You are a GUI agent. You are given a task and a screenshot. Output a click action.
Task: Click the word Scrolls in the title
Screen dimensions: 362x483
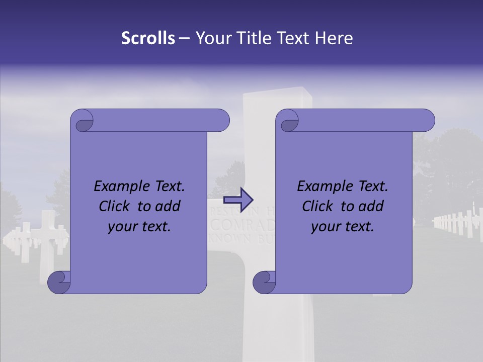[x=148, y=38]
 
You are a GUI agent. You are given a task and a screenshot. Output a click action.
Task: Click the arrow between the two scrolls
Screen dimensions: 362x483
[x=244, y=200]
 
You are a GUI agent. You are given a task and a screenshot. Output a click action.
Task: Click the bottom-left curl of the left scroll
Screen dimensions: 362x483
[x=59, y=282]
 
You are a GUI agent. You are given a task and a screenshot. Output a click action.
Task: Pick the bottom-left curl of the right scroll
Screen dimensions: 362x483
[x=265, y=282]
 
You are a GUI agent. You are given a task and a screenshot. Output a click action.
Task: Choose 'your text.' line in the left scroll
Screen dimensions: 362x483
[x=139, y=226]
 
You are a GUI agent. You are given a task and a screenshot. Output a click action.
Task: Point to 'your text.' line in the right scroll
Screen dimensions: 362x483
[x=343, y=226]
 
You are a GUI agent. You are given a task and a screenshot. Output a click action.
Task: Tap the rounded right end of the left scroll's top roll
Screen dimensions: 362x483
[x=222, y=121]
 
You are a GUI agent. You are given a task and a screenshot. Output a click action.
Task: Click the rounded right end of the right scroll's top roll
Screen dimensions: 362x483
[x=427, y=121]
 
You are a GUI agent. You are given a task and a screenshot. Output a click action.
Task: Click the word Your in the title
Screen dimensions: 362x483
[x=211, y=38]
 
